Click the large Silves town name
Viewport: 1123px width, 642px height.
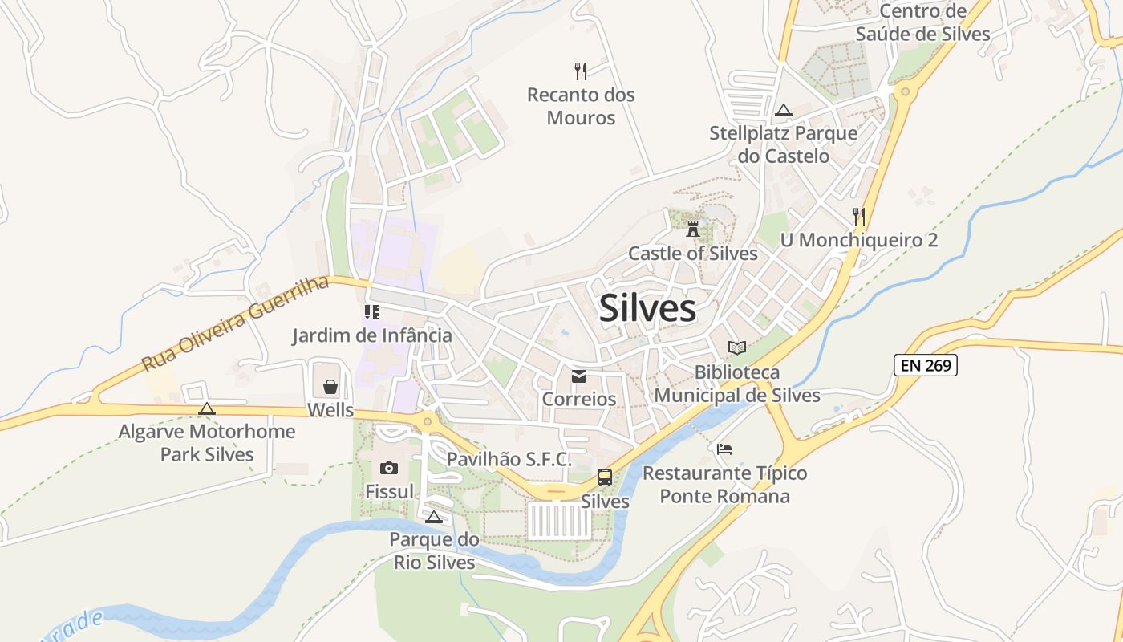pos(647,309)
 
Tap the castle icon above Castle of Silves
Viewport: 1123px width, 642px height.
pos(693,229)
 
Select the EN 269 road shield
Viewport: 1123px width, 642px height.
pos(926,366)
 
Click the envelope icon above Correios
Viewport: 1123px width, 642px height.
pos(579,376)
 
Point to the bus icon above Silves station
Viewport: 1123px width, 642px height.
pos(605,478)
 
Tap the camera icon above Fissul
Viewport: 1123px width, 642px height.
pos(389,468)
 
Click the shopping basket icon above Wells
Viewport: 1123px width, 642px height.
pos(330,388)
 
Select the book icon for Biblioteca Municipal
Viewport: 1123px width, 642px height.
pos(737,347)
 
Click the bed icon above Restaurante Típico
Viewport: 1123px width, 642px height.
pos(724,449)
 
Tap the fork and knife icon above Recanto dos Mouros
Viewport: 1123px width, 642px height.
pos(581,71)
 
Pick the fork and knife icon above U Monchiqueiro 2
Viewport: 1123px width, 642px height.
pos(859,216)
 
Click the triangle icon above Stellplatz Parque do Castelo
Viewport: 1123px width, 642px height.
pos(784,110)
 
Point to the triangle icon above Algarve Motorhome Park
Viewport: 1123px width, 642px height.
pos(207,409)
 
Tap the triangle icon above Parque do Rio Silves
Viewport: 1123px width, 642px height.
pos(434,517)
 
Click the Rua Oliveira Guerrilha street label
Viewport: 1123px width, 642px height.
pos(236,323)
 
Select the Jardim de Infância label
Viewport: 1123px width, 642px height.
pos(372,335)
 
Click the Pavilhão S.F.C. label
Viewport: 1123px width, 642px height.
pos(509,459)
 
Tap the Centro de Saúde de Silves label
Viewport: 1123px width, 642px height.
pos(922,22)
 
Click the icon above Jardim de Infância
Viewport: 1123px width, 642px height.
pos(371,312)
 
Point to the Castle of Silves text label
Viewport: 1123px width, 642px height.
pos(693,254)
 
